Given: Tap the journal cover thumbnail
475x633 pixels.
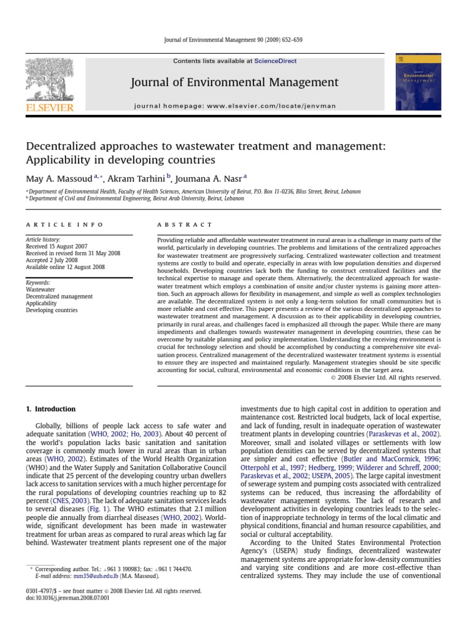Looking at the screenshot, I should pyautogui.click(x=417, y=81).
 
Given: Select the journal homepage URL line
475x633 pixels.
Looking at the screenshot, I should pyautogui.click(x=234, y=106).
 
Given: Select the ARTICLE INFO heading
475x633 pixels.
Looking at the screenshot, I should pyautogui.click(x=64, y=224).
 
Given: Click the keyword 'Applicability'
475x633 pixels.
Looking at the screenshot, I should pyautogui.click(x=41, y=304).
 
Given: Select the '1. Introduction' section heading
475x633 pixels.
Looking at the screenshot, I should pyautogui.click(x=50, y=409).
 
